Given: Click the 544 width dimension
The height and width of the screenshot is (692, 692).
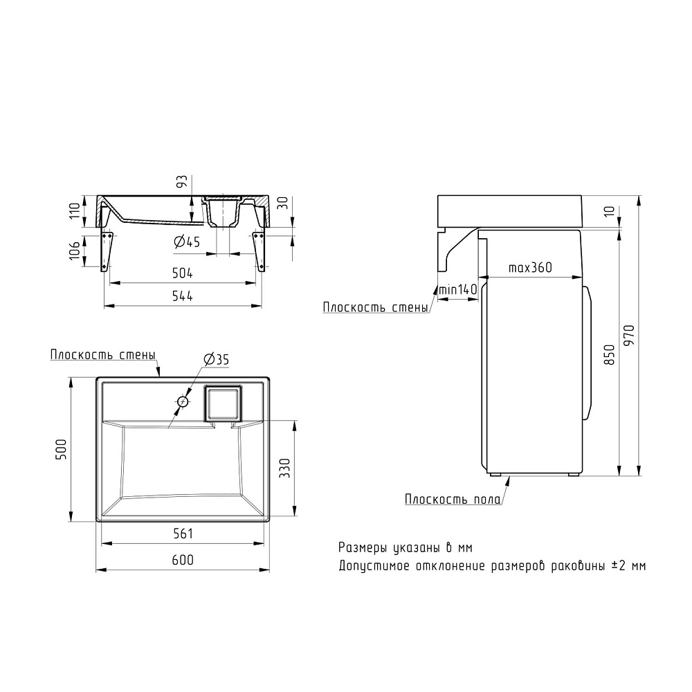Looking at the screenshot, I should pos(183,296).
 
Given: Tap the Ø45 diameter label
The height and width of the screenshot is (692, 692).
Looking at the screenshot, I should pos(186,242).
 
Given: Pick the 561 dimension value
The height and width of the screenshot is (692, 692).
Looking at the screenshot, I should pos(183,534).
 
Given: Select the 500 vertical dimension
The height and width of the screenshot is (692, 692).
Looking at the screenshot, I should pos(62,450).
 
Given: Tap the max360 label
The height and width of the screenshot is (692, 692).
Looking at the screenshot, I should pos(530,268).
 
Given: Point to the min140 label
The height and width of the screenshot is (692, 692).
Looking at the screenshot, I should pos(457,290).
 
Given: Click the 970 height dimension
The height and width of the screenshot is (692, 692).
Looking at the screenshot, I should pos(628,336).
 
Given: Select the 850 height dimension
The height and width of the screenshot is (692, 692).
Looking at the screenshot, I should pos(609,354).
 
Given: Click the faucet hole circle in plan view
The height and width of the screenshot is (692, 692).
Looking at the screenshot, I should pos(183,401).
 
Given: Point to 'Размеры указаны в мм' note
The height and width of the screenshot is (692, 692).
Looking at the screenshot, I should pos(406,547).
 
